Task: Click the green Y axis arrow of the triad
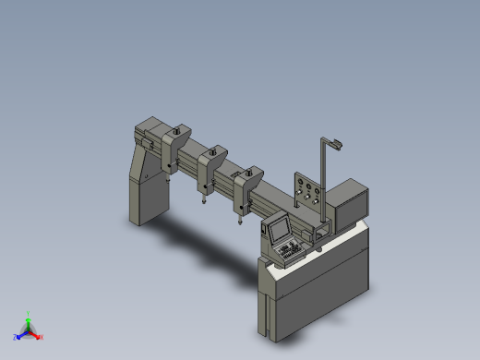29,317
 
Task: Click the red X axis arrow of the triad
38,335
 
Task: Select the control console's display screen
278,228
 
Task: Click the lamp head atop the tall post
335,143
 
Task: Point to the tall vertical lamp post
322,180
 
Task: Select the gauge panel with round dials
306,194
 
